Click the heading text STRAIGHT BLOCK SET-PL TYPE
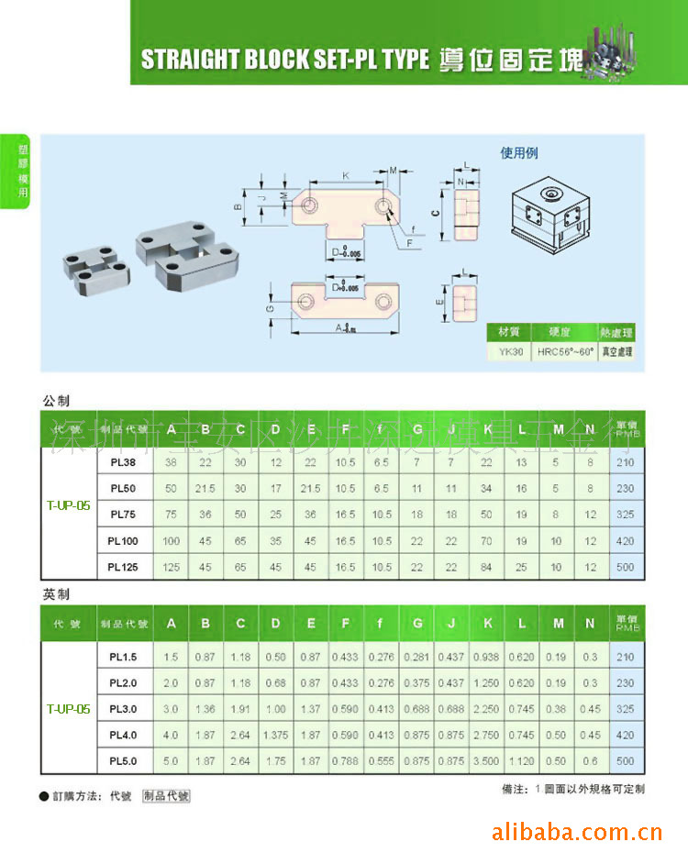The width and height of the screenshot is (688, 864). point(284,60)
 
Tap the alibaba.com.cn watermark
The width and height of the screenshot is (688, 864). point(577,833)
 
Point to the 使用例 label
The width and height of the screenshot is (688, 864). point(519,153)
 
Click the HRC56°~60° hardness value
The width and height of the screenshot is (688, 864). point(565,351)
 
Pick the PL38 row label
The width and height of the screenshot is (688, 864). point(122,463)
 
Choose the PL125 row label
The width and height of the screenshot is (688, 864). point(122,567)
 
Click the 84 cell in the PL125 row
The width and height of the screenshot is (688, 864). point(487,567)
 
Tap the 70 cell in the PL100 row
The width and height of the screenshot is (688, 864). point(487,541)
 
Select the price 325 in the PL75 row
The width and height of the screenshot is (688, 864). point(626,515)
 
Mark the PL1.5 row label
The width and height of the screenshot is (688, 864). point(122,657)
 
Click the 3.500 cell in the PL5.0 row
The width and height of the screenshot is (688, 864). point(487,760)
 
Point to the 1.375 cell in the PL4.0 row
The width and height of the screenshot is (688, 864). point(275,735)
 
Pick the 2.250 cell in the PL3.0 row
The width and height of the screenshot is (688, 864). point(487,709)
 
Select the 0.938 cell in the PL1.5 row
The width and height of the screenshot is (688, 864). point(487,657)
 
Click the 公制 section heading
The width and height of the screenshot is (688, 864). point(56,401)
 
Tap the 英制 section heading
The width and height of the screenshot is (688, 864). point(56,594)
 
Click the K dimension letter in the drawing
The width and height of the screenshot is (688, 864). point(346,174)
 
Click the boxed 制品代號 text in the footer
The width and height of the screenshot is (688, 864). point(166,796)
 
